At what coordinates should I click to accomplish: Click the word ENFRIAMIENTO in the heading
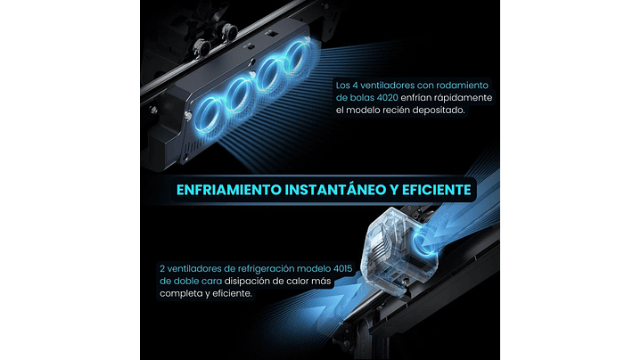coord(229,190)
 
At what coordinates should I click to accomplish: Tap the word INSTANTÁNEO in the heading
coord(335,190)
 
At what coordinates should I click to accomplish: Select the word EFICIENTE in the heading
coord(437,190)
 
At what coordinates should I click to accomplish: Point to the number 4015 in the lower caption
coord(342,269)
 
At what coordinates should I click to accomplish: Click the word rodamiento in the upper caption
coord(462,86)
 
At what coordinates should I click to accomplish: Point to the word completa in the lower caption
coord(178,294)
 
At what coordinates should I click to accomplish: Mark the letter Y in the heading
coord(394,190)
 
